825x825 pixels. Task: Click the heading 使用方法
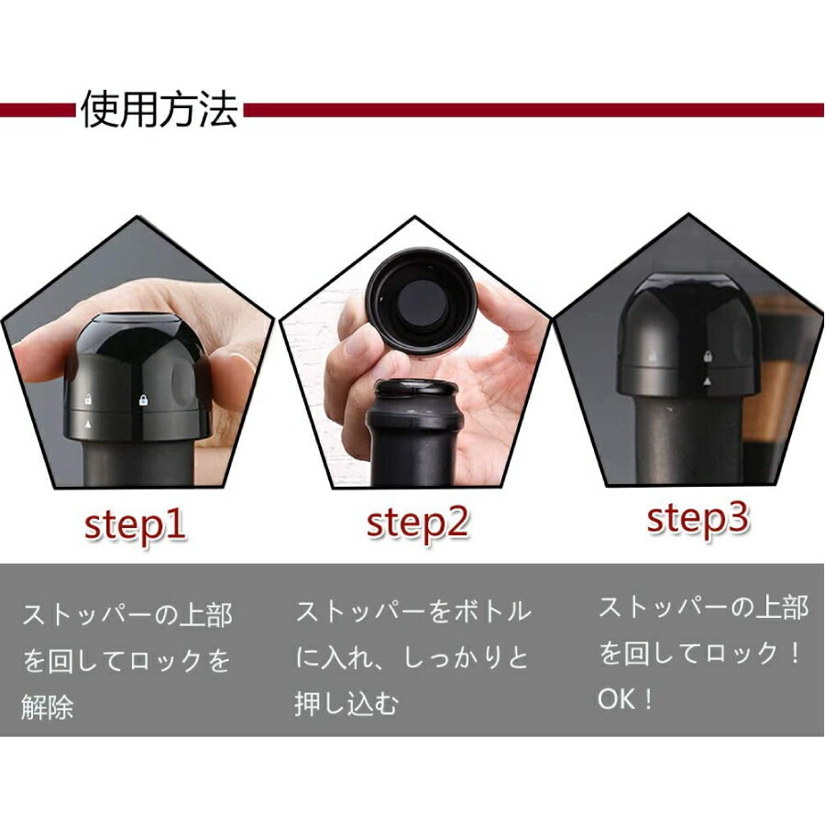[159, 110]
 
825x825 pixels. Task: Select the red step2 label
[417, 522]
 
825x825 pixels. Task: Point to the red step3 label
[698, 518]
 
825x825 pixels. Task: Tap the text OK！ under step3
[627, 699]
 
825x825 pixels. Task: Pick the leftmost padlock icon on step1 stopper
[87, 401]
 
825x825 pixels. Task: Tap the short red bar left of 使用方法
[37, 110]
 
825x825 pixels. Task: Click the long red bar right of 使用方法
[532, 110]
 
